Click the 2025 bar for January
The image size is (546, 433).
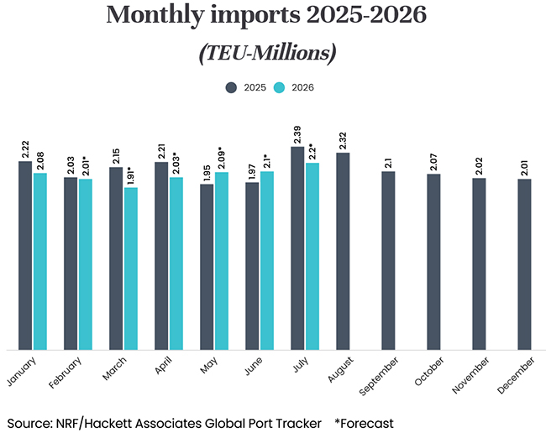(25, 255)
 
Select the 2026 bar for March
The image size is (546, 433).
(131, 269)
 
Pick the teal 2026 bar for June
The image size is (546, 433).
(267, 260)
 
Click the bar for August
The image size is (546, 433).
(343, 251)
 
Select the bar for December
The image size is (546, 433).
(524, 264)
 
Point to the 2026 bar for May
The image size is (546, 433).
(222, 261)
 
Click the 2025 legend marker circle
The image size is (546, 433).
(231, 86)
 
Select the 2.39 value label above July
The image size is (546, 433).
(297, 133)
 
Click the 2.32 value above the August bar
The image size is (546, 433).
(343, 139)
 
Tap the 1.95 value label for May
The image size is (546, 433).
(207, 171)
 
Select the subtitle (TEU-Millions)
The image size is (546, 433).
(268, 53)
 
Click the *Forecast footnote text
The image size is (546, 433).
(364, 422)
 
